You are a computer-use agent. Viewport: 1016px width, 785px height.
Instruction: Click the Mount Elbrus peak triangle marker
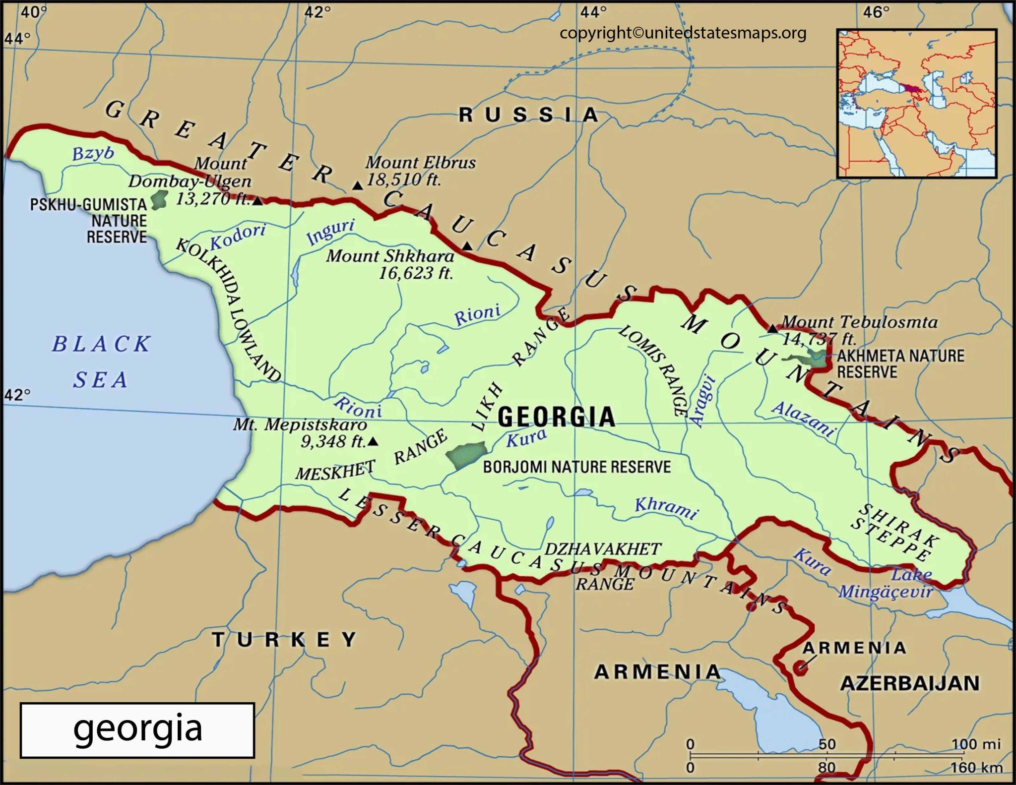(x=357, y=186)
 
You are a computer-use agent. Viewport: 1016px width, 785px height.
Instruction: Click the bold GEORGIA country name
(x=556, y=417)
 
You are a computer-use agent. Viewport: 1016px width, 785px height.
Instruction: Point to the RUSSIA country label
(x=528, y=115)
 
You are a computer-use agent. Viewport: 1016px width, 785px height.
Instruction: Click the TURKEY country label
(x=285, y=640)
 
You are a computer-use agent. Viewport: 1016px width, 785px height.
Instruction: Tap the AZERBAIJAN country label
(x=910, y=683)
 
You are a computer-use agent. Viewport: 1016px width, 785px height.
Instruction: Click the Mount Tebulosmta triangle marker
(x=772, y=328)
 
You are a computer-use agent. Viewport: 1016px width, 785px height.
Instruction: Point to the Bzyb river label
(x=93, y=153)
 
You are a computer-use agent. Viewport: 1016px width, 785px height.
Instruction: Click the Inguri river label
(x=330, y=232)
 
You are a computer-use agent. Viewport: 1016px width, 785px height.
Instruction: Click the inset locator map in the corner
(x=916, y=103)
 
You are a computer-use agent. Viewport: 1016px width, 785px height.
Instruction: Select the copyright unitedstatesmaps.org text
(x=683, y=33)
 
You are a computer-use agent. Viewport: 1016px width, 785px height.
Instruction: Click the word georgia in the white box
(x=137, y=729)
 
